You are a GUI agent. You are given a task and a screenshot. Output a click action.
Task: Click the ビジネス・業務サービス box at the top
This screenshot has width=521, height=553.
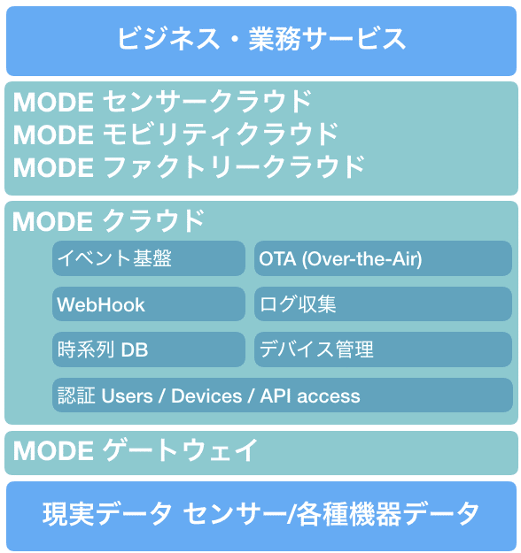tap(261, 41)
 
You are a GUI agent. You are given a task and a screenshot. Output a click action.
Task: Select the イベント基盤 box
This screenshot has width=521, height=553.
tap(149, 258)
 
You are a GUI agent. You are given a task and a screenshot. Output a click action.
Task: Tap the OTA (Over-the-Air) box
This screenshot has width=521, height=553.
tap(383, 258)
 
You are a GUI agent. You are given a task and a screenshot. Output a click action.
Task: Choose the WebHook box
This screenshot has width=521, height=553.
tap(149, 304)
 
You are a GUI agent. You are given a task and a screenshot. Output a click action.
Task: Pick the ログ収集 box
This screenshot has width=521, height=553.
tap(383, 304)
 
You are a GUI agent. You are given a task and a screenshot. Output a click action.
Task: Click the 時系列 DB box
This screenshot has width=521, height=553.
tap(149, 349)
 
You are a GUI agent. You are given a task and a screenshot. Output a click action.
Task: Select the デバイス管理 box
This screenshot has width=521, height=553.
tap(383, 349)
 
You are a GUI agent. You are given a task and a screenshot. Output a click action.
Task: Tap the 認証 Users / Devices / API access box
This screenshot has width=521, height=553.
tap(283, 395)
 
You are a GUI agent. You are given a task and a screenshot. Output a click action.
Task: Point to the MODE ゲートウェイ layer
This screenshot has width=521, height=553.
tap(261, 453)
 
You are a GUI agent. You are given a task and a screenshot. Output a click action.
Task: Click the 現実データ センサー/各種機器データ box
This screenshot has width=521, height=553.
tap(261, 517)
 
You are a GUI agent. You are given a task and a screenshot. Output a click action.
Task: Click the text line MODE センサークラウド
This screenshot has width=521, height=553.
tap(162, 102)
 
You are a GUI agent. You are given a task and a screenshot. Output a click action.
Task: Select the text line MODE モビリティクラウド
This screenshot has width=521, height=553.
tap(175, 134)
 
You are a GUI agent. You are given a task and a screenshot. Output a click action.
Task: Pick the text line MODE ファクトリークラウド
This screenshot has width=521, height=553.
tap(189, 167)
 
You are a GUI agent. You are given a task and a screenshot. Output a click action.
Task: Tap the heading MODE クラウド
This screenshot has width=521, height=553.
tap(108, 221)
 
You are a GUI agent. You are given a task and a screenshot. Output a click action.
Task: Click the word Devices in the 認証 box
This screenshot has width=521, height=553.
tap(206, 396)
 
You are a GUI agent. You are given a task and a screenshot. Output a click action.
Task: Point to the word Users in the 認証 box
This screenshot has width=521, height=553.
tap(128, 396)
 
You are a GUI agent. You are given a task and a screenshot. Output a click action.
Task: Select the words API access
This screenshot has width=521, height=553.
tap(310, 396)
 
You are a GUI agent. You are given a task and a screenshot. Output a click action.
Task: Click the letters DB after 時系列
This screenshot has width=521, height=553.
tap(135, 350)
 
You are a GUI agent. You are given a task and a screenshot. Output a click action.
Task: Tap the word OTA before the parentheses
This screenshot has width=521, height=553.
tap(277, 259)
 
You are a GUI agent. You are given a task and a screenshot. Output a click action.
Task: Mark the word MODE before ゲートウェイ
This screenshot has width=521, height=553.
tap(53, 450)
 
